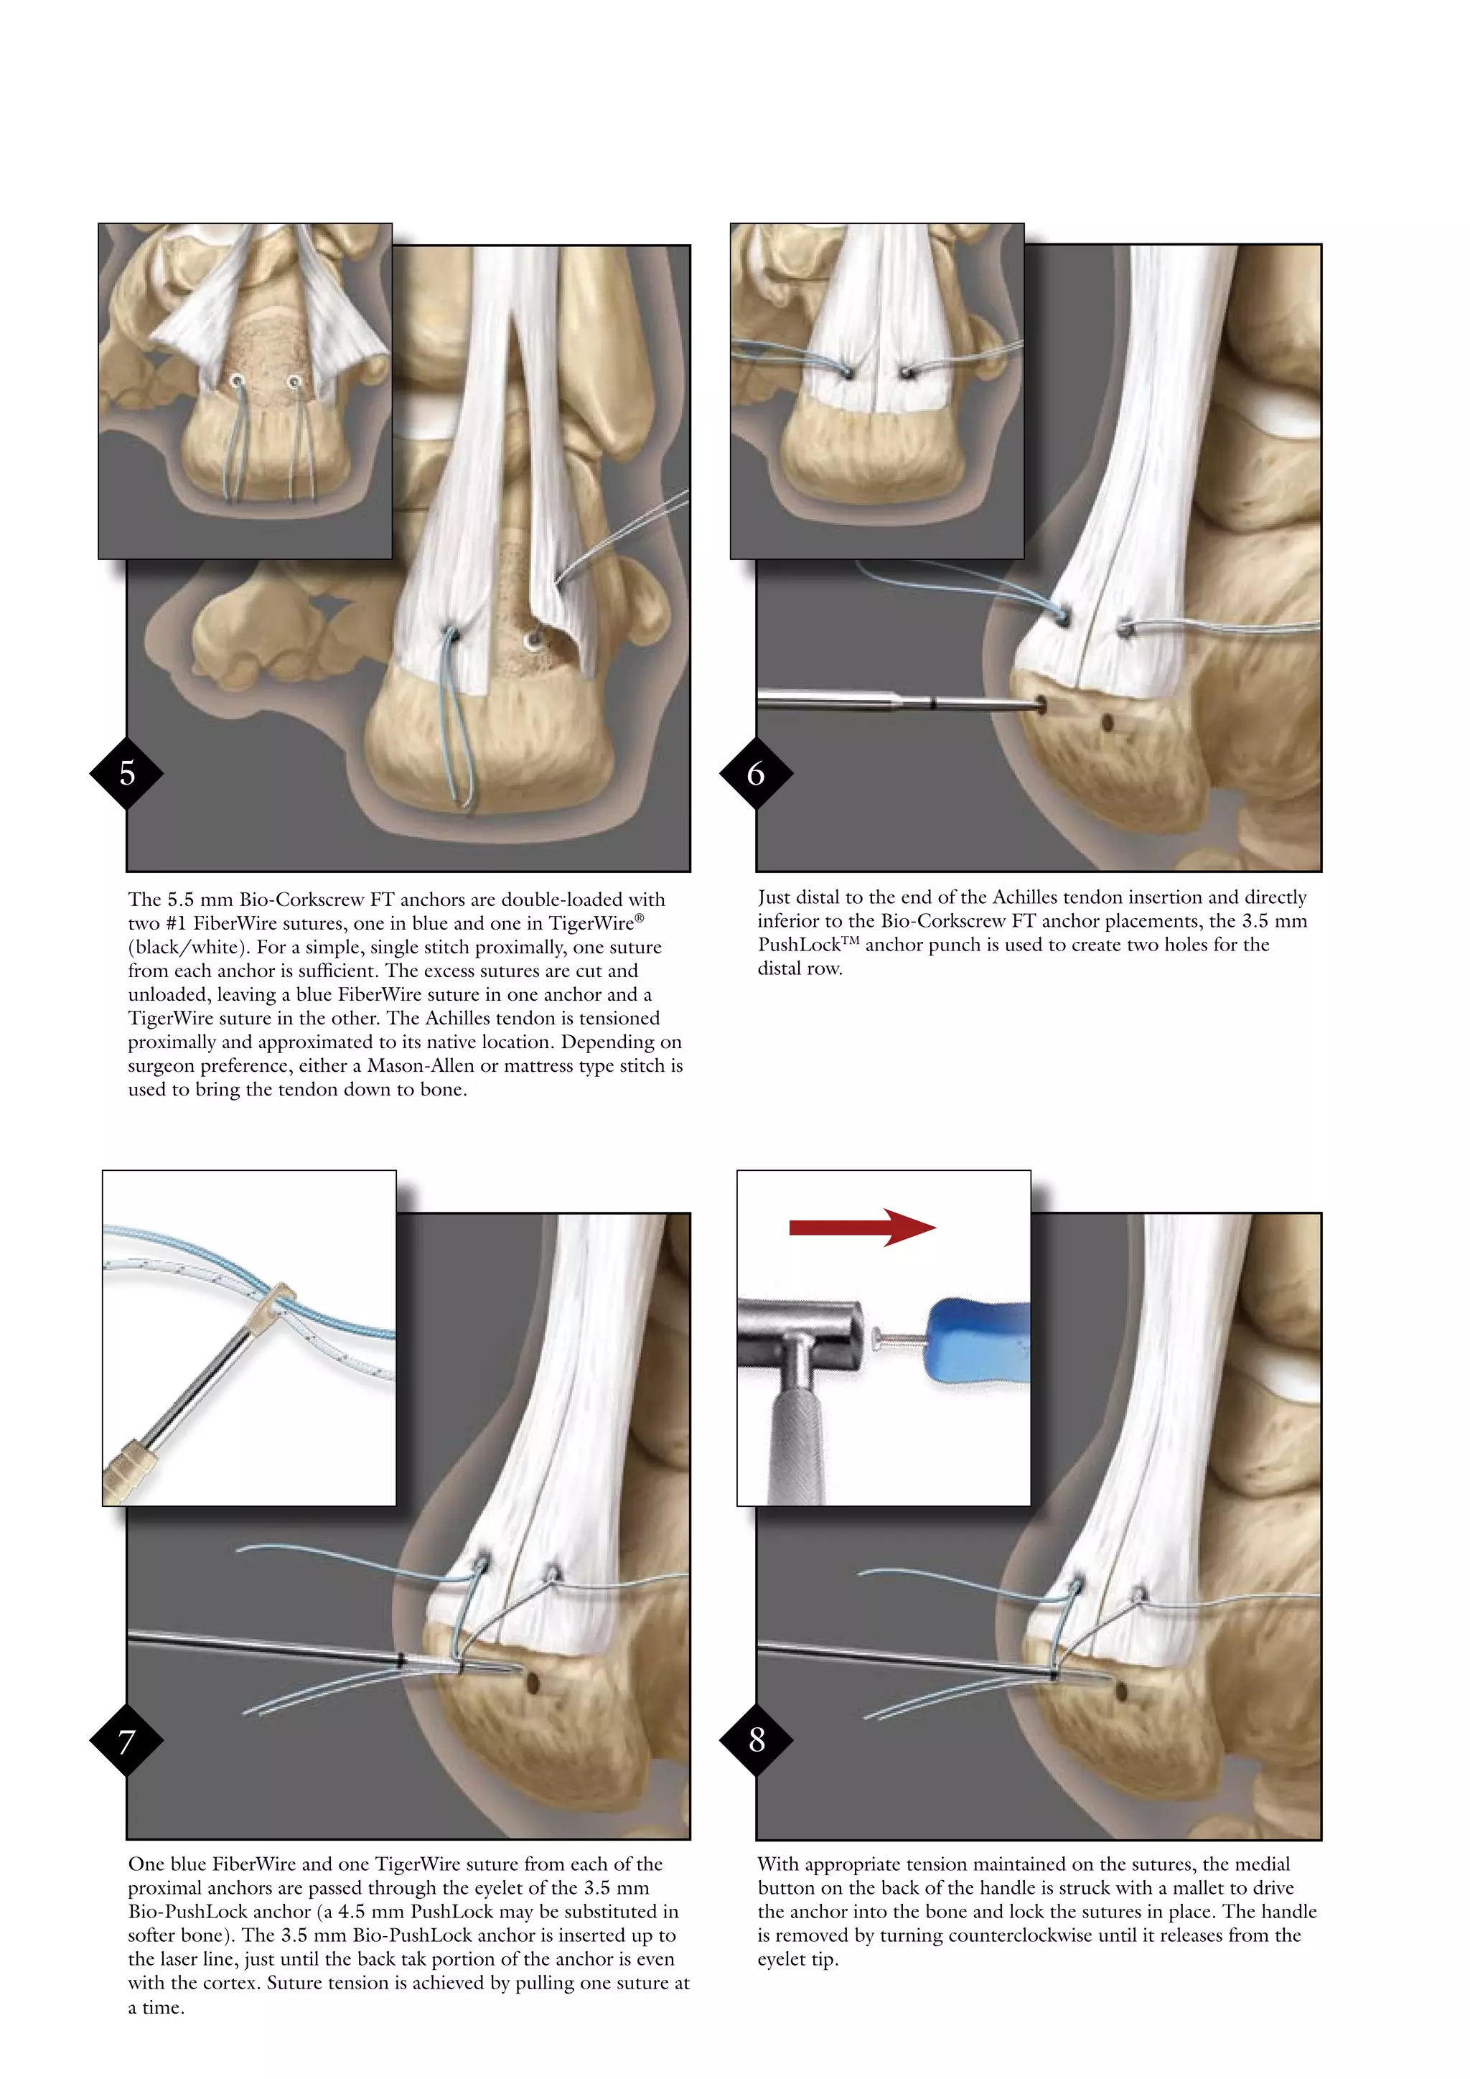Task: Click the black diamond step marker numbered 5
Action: point(127,773)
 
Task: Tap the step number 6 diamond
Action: point(756,773)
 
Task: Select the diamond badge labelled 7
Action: point(127,1740)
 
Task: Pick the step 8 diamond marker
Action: point(757,1739)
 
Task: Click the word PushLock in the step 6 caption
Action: point(800,945)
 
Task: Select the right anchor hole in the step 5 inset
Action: point(294,382)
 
